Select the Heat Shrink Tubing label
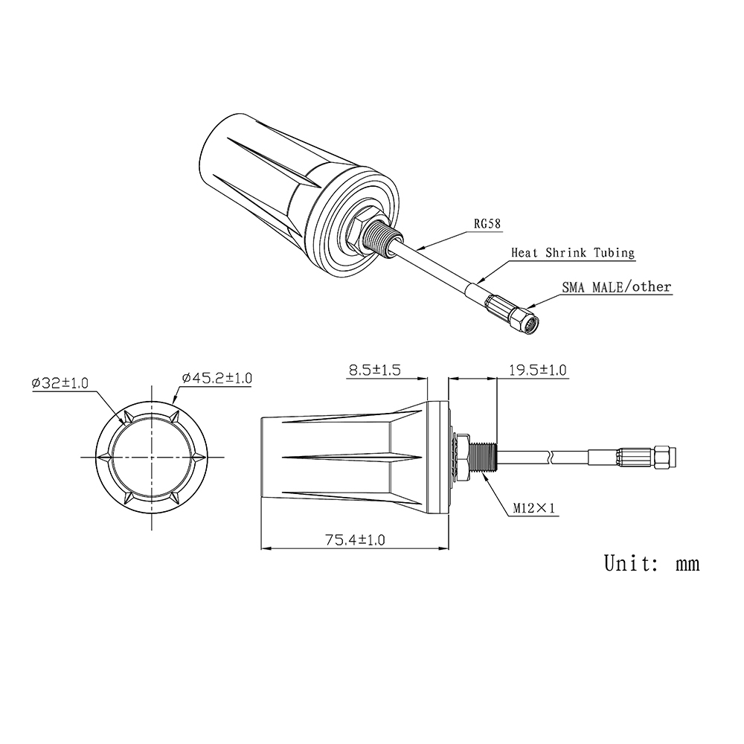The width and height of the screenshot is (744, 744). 572,253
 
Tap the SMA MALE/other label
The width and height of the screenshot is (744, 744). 616,287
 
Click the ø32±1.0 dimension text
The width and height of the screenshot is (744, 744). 60,384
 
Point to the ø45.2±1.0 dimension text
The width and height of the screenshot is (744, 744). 217,379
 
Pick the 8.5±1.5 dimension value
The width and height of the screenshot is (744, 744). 375,370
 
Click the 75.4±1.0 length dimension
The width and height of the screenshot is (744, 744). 354,540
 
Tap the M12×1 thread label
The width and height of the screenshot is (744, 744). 534,509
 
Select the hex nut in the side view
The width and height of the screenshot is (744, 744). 461,455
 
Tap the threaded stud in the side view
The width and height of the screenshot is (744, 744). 482,455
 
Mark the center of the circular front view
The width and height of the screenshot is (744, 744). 153,456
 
